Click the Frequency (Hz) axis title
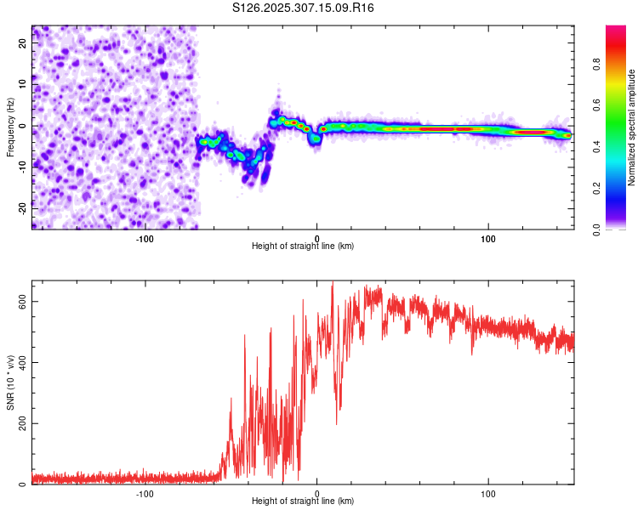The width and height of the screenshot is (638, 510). pyautogui.click(x=10, y=127)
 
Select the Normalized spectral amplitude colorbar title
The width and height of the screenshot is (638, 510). pyautogui.click(x=632, y=127)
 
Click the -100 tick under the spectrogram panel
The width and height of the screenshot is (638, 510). pyautogui.click(x=145, y=238)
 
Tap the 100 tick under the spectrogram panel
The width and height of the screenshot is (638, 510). pyautogui.click(x=488, y=238)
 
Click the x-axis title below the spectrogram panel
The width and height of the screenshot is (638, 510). pyautogui.click(x=303, y=246)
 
